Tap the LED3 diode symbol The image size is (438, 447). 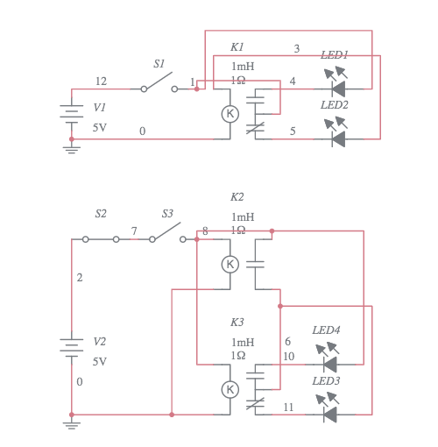(x=329, y=413)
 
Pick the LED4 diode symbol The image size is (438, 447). (x=329, y=364)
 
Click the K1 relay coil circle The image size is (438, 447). (x=230, y=113)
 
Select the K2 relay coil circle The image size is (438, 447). (x=230, y=264)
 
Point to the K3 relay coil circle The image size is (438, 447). (x=230, y=388)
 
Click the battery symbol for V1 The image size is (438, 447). (x=71, y=115)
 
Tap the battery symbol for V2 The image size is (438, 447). (x=71, y=348)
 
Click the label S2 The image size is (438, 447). (x=101, y=214)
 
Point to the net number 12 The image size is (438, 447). (x=101, y=82)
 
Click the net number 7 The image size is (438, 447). (x=134, y=231)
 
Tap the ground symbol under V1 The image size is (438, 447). (x=71, y=148)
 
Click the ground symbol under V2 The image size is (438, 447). (x=71, y=424)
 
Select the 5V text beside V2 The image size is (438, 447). (x=100, y=361)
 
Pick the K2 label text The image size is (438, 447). (x=237, y=197)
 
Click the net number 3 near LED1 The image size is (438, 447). (x=296, y=48)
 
